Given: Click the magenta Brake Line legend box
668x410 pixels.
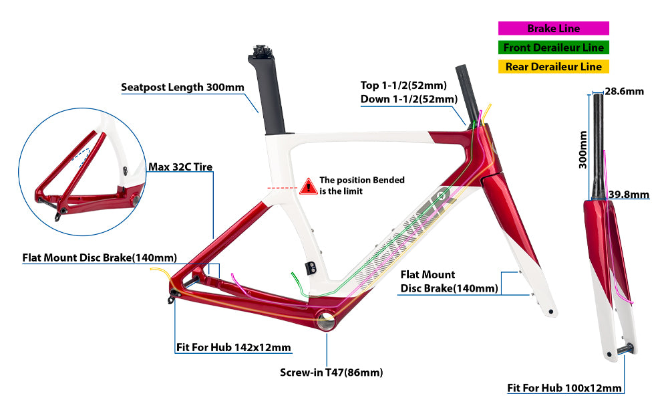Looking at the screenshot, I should pyautogui.click(x=553, y=29).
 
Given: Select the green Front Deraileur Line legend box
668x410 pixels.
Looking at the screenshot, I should pyautogui.click(x=553, y=47).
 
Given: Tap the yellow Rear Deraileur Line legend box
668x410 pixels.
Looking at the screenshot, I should pyautogui.click(x=553, y=66).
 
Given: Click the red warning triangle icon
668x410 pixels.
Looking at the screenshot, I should pyautogui.click(x=308, y=186).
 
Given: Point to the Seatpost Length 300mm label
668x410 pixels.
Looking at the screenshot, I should pyautogui.click(x=182, y=87).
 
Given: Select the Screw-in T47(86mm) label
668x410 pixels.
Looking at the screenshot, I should pyautogui.click(x=331, y=373).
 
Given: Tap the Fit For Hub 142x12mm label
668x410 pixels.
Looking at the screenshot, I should pyautogui.click(x=234, y=348).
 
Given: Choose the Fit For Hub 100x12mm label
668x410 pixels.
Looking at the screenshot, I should pyautogui.click(x=564, y=388).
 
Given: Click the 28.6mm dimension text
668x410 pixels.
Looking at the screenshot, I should pyautogui.click(x=624, y=91).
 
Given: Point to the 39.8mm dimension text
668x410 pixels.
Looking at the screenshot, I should pyautogui.click(x=629, y=195).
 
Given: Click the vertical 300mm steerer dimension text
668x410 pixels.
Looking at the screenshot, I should pyautogui.click(x=582, y=149).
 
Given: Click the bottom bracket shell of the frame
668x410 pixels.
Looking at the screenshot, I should pyautogui.click(x=327, y=320).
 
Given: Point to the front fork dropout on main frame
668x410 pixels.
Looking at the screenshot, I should pyautogui.click(x=549, y=311).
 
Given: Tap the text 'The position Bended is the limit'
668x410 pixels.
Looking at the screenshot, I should pyautogui.click(x=361, y=185).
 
